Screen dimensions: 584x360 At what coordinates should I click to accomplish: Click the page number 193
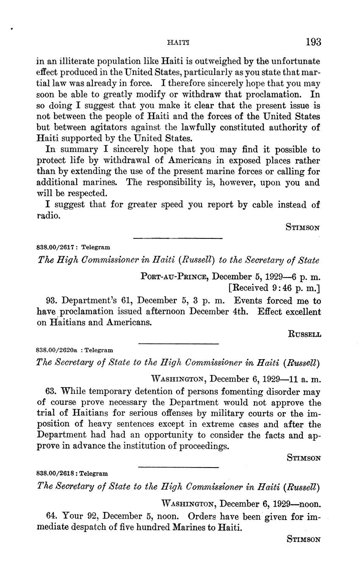point(313,42)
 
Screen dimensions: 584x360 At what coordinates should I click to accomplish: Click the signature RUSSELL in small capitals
point(304,334)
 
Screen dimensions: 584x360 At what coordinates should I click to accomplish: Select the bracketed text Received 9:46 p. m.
point(274,289)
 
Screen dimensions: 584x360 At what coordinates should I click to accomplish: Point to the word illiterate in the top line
point(81,61)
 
